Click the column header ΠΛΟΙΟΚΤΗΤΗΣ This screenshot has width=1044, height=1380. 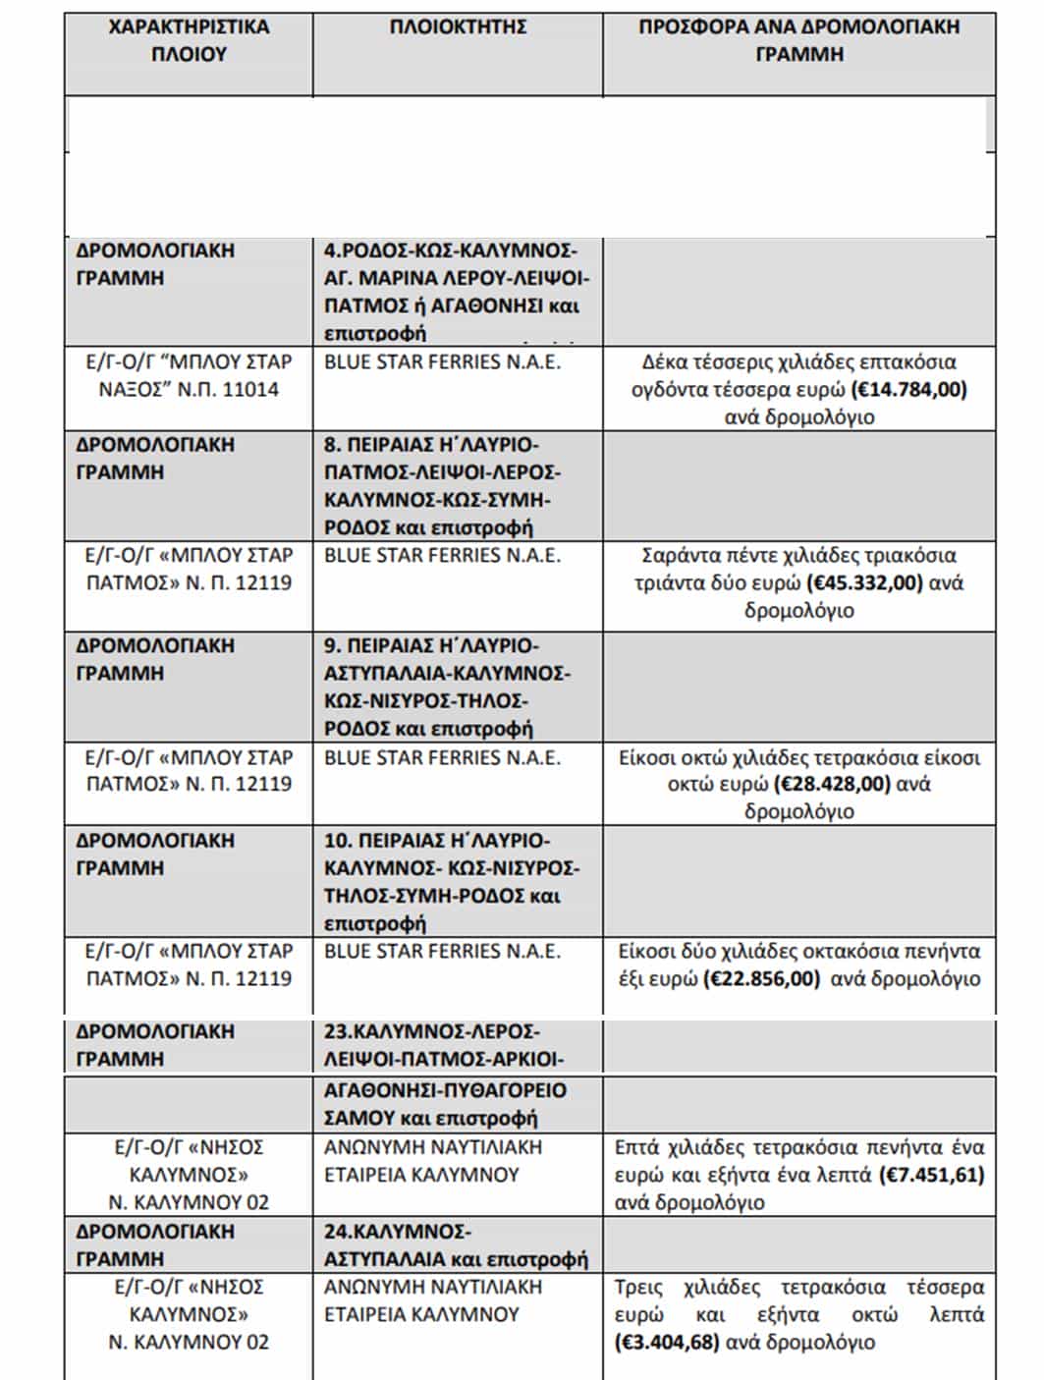click(458, 28)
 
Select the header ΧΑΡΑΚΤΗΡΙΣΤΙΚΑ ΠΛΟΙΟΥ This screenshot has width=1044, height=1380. click(189, 40)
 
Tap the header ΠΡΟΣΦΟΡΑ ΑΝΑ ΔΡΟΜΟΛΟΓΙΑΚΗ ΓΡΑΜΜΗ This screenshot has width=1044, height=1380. click(798, 40)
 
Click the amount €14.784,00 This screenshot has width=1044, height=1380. click(909, 390)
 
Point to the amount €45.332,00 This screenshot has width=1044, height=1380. click(864, 583)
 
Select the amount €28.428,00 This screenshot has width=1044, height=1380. click(832, 785)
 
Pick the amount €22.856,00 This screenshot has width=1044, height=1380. click(761, 979)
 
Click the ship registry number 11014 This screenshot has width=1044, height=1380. click(250, 390)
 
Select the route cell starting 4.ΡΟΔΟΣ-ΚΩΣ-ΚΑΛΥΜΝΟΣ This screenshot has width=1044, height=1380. click(457, 291)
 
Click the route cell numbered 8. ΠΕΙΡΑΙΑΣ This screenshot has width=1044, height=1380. click(442, 485)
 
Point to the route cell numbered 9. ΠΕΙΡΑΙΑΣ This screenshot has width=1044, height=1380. click(447, 687)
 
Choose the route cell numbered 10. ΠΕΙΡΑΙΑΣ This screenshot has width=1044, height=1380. click(452, 881)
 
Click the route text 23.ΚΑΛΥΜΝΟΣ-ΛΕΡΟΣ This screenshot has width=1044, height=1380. click(431, 1032)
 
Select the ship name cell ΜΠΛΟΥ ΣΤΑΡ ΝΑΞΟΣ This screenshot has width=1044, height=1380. click(189, 375)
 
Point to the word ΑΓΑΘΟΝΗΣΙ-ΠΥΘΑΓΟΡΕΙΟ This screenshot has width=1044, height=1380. click(445, 1090)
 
